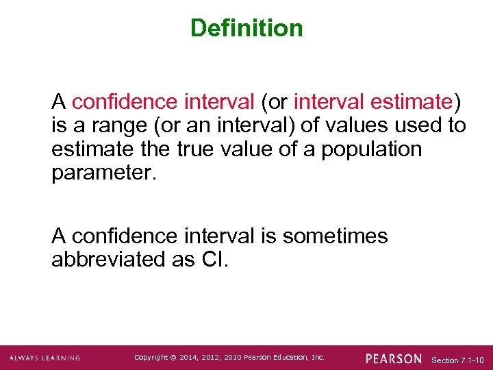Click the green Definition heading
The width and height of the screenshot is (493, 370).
(x=246, y=28)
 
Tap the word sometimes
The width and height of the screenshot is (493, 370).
(x=335, y=236)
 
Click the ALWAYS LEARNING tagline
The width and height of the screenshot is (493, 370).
(x=45, y=358)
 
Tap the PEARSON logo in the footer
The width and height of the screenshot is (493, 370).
(x=394, y=358)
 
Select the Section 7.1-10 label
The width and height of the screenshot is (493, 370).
(x=458, y=359)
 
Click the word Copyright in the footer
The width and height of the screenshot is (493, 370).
(x=151, y=358)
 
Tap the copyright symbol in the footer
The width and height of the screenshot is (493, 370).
(x=174, y=358)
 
